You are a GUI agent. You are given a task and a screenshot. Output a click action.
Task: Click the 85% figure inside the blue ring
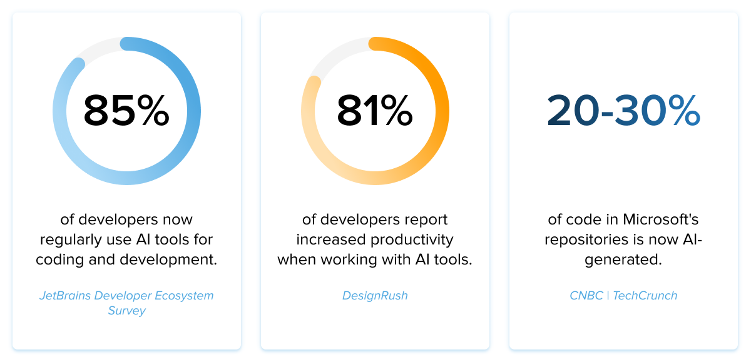click(x=126, y=111)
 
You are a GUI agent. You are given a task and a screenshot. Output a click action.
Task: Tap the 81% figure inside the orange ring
click(x=375, y=111)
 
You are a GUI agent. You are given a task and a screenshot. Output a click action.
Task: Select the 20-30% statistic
click(x=623, y=111)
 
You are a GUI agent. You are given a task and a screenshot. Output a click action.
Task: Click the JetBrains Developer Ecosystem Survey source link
click(x=126, y=296)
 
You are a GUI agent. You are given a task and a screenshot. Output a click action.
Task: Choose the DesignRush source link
click(x=375, y=296)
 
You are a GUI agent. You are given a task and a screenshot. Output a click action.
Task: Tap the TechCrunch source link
click(x=645, y=296)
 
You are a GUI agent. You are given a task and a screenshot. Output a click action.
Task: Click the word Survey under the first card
click(x=126, y=311)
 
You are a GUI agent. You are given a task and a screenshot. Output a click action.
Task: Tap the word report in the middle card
click(x=425, y=220)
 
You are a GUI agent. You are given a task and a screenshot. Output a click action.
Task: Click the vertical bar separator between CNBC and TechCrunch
click(x=607, y=296)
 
